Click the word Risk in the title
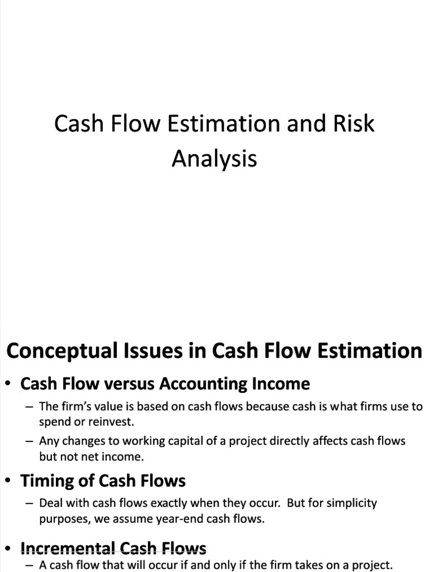pos(354,123)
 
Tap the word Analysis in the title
pos(214,158)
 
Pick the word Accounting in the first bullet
pos(204,384)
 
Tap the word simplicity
pos(349,503)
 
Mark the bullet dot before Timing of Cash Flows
pos(8,482)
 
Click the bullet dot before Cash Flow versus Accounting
pos(8,385)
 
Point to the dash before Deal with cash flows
pos(30,503)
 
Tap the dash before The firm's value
pos(30,407)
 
